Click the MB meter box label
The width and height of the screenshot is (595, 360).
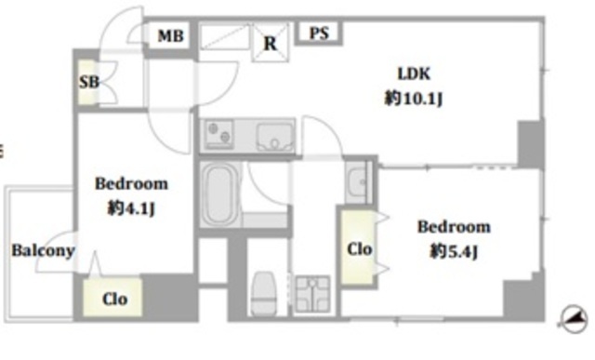(171, 36)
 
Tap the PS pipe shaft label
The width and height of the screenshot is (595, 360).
(319, 33)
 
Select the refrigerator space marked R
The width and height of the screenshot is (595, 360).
(271, 43)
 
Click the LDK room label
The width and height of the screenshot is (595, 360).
(414, 73)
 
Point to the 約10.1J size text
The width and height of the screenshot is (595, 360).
(414, 99)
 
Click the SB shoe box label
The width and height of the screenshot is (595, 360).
(89, 82)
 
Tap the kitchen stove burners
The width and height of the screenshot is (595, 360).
(219, 134)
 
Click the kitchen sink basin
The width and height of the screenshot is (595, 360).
(275, 137)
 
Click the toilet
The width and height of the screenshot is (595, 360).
(264, 292)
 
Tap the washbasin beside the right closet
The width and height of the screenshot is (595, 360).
(357, 182)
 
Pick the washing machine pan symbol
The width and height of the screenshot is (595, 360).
(312, 294)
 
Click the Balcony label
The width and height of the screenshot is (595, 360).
(43, 251)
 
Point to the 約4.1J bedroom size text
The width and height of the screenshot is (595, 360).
(131, 208)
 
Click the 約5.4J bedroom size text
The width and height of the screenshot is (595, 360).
(454, 251)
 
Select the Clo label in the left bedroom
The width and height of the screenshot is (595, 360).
(114, 300)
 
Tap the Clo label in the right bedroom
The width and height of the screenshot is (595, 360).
(360, 249)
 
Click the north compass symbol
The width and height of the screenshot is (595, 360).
(573, 319)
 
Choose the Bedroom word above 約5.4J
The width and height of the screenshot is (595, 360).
(454, 227)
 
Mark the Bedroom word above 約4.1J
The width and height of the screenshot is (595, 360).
(131, 184)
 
